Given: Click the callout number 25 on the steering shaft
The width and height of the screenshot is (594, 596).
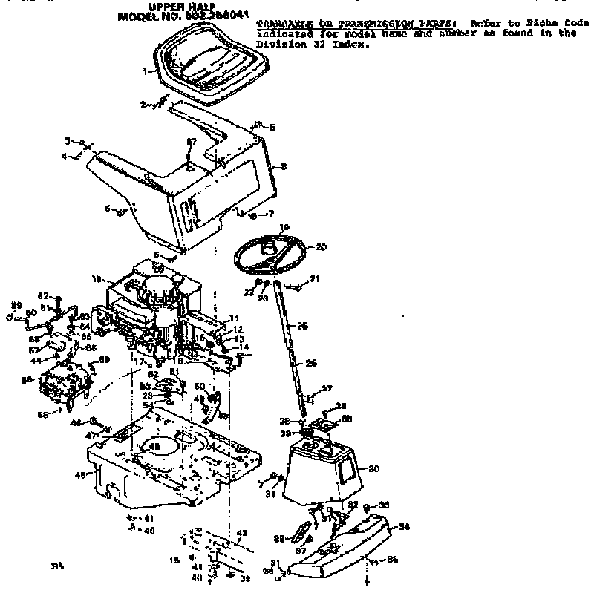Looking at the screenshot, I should coord(302,326).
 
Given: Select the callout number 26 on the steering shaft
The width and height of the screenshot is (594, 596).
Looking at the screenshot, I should coord(312,363).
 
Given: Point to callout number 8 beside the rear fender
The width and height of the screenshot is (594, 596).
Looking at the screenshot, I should coord(283,167).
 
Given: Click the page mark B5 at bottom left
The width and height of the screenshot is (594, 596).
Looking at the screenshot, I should coord(57,566).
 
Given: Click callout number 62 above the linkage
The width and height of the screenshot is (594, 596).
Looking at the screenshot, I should coord(43,295).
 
